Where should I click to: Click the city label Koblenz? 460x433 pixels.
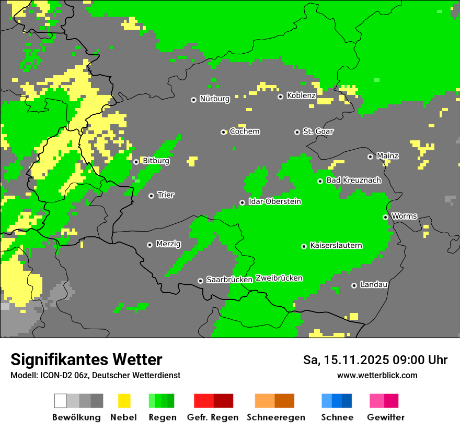[301, 95]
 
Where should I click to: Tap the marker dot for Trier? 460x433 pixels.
[151, 196]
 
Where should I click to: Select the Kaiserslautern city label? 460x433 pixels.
[336, 245]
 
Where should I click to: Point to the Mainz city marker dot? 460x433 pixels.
[370, 157]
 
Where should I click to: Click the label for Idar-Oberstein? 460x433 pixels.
[274, 201]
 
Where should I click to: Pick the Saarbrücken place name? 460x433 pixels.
[229, 280]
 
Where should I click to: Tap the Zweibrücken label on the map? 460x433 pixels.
[279, 278]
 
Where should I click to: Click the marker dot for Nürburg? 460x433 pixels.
[193, 100]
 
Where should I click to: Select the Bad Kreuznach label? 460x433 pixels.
[353, 180]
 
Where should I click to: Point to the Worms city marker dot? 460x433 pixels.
[385, 217]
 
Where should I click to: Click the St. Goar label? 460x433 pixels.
[318, 131]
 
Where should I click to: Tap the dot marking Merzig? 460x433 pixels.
[149, 245]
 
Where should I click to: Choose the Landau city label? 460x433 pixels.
[374, 284]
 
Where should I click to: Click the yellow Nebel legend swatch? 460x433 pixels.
[124, 401]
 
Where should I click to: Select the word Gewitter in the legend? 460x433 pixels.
[385, 417]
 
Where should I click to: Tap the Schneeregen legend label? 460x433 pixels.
[275, 417]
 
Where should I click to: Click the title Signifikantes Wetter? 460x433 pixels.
[86, 359]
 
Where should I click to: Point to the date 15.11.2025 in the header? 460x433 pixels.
[354, 360]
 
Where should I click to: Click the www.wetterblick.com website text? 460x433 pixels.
[377, 375]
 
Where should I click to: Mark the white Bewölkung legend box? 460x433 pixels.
[61, 401]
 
